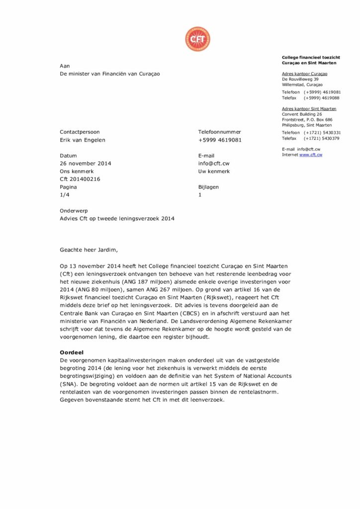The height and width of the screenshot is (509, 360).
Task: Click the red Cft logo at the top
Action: [197, 39]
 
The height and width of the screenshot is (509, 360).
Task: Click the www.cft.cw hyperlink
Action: [311, 155]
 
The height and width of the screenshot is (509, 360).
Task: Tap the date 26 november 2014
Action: [86, 164]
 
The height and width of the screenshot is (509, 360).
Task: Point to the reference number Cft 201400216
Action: [80, 179]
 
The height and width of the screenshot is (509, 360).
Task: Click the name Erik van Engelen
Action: [83, 140]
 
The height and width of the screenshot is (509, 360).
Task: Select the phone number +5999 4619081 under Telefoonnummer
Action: [220, 140]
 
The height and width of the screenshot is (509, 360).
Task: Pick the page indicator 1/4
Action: [65, 195]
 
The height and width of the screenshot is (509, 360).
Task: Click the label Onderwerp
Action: [74, 211]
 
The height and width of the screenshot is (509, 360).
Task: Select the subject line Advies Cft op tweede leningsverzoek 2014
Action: [117, 219]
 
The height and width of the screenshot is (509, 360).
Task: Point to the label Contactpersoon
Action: [80, 132]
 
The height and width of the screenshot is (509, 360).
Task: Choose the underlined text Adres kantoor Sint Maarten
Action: [309, 108]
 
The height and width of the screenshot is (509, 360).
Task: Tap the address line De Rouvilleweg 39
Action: [300, 79]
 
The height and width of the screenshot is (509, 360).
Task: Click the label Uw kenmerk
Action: [214, 171]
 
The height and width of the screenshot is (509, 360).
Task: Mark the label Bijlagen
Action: [208, 187]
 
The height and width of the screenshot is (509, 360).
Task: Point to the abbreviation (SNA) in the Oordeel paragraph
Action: [68, 384]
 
